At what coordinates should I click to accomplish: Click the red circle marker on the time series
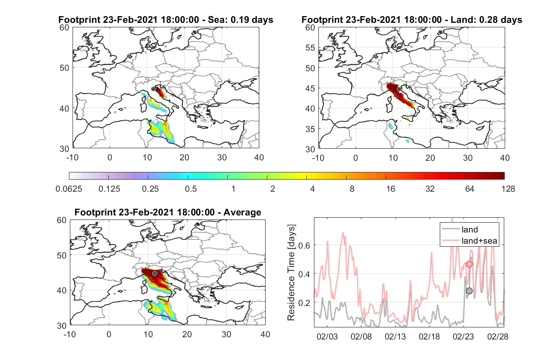click(469, 264)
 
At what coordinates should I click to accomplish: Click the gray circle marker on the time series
click(469, 291)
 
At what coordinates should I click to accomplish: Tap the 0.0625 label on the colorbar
click(69, 189)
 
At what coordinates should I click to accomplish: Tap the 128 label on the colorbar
click(508, 189)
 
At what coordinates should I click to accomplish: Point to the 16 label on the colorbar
click(391, 189)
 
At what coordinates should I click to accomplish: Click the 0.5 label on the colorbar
click(191, 189)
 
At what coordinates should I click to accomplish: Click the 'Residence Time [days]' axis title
click(291, 273)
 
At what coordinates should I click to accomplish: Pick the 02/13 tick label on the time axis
click(395, 336)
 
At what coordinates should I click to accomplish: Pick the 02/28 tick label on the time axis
click(498, 336)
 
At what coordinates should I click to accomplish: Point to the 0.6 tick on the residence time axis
click(305, 245)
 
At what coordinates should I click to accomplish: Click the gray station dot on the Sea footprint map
click(153, 89)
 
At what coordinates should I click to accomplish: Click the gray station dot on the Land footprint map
click(399, 89)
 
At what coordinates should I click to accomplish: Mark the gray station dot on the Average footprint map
click(155, 274)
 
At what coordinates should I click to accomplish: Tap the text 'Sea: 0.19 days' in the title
click(240, 20)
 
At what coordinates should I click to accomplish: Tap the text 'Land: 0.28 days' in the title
click(486, 20)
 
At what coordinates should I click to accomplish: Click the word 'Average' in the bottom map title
click(242, 212)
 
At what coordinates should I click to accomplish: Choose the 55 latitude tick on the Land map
click(310, 47)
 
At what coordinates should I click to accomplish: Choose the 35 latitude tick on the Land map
click(310, 129)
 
